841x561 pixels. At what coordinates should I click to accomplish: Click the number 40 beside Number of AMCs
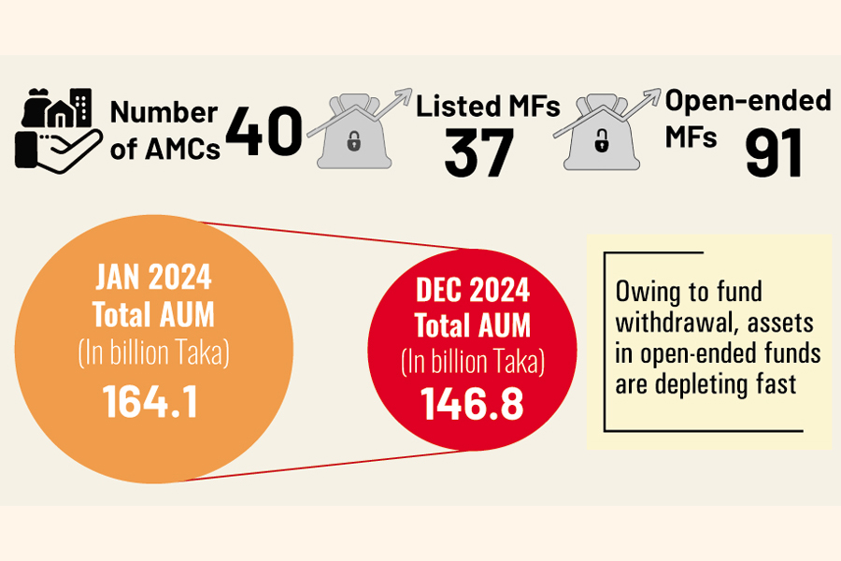point(264,133)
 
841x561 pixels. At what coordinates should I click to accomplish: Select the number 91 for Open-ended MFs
point(775,154)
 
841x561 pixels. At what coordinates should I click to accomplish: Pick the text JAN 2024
point(152,278)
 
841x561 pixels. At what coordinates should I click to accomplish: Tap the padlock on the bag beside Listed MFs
point(353,144)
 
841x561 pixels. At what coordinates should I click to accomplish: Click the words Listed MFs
point(488,106)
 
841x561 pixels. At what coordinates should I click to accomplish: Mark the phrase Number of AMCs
point(164,131)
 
